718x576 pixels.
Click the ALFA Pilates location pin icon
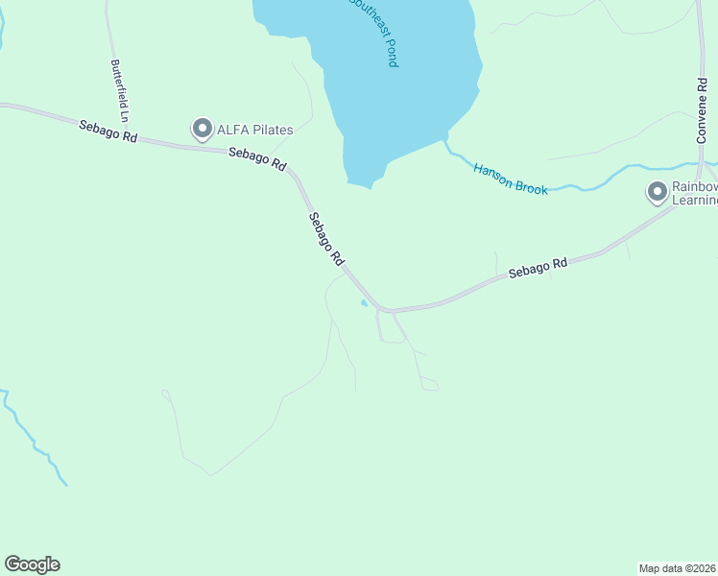(x=202, y=128)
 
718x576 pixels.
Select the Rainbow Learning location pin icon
(x=658, y=192)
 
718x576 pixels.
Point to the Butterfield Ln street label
(x=120, y=83)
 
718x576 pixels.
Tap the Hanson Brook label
(x=510, y=180)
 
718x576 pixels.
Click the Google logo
(x=32, y=564)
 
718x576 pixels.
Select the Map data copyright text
(x=678, y=567)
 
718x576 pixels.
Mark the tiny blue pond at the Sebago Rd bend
(x=363, y=303)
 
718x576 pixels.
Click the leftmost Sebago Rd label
(x=108, y=132)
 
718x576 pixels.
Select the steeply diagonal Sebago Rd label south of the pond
(x=326, y=238)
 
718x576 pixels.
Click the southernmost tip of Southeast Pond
(x=370, y=186)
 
